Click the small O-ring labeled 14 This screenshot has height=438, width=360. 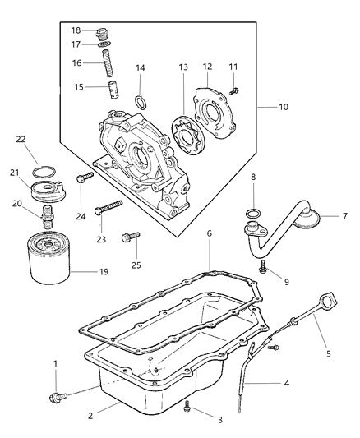click(141, 102)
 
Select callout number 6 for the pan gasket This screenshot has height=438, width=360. click(210, 233)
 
